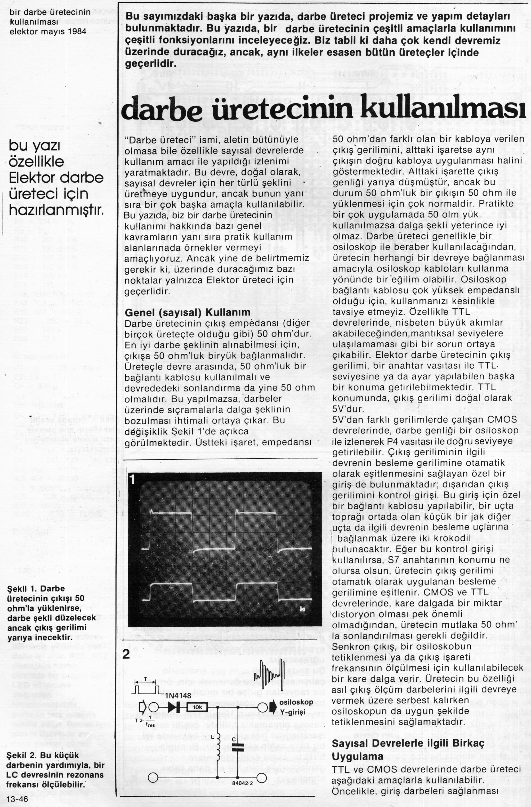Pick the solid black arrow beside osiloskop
coord(273,707)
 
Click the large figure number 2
coord(126,654)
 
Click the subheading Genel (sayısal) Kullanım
coord(188,312)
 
